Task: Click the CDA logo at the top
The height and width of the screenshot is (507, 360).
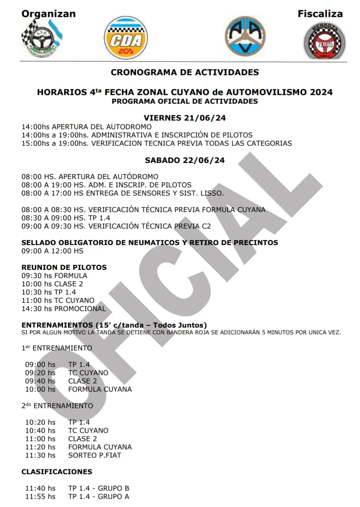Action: [x=126, y=38]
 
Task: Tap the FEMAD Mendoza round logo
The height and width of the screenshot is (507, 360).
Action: [x=324, y=41]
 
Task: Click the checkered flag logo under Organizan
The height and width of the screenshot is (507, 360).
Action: [x=41, y=38]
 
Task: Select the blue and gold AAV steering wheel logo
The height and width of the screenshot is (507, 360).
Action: [x=245, y=36]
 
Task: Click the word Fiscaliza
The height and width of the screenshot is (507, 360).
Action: [x=320, y=14]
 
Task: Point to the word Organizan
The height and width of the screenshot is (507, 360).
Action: [x=48, y=14]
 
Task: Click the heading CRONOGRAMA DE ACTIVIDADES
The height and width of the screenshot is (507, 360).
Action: [x=185, y=72]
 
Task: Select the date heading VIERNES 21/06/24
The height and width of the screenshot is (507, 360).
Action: [x=185, y=118]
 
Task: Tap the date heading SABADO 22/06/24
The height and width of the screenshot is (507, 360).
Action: [x=185, y=160]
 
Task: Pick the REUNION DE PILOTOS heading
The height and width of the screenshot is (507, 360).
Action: [x=64, y=268]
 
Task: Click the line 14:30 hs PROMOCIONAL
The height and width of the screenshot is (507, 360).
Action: [x=64, y=309]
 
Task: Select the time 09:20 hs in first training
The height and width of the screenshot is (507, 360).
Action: [x=40, y=373]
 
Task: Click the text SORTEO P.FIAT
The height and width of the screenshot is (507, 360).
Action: [x=95, y=455]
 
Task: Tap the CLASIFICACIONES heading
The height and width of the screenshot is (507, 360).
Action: [x=57, y=472]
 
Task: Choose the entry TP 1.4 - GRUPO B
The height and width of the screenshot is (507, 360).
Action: [x=99, y=488]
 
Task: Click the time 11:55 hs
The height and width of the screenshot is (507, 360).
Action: [x=40, y=497]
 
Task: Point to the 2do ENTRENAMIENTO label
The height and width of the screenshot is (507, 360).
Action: [x=57, y=406]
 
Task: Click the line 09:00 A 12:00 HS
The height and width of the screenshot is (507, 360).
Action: [x=52, y=251]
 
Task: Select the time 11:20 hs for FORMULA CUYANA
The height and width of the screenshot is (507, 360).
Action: [x=40, y=447]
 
